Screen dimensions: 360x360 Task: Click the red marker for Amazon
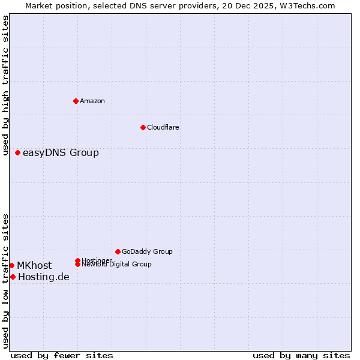76,101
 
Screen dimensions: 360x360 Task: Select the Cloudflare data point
143,127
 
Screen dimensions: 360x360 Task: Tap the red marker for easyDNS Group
18,153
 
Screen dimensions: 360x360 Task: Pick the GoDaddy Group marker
118,251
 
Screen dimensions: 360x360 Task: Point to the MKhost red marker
11,266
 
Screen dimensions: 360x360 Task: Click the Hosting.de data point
13,277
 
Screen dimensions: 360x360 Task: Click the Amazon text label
92,101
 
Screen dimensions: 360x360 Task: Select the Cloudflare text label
163,127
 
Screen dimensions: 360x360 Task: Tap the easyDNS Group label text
61,153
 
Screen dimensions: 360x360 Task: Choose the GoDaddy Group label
147,251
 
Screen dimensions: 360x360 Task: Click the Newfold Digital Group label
116,264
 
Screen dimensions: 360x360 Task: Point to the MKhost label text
34,266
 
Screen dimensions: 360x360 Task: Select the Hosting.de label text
44,277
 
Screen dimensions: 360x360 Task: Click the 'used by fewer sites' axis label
62,355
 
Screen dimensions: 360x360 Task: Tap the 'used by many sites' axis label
301,355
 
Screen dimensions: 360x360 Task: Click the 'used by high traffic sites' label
5,85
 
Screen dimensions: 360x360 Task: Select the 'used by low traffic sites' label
5,280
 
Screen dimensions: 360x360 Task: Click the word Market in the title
38,5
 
